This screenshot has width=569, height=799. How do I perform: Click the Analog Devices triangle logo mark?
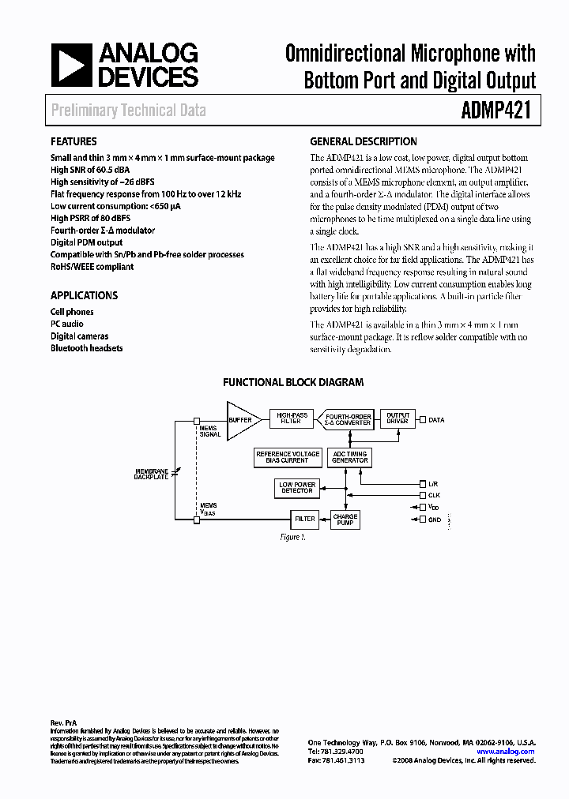click(70, 66)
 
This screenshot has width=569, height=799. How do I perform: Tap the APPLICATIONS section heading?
click(84, 295)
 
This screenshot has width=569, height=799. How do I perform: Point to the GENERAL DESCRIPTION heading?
click(364, 142)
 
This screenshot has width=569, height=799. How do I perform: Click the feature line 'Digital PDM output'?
click(86, 242)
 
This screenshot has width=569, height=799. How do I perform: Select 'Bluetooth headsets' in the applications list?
click(86, 347)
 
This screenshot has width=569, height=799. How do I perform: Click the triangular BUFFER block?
click(242, 420)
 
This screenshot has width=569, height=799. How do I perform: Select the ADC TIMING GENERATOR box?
click(349, 457)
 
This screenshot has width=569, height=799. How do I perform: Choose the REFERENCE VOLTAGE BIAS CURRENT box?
click(288, 457)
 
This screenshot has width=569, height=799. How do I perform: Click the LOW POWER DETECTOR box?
click(297, 488)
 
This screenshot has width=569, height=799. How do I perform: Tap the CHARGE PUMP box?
click(345, 519)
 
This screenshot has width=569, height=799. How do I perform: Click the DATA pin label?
click(436, 420)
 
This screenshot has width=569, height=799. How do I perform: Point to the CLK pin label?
click(434, 494)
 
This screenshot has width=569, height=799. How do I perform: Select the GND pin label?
click(434, 519)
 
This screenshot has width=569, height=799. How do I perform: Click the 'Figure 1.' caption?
click(292, 537)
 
